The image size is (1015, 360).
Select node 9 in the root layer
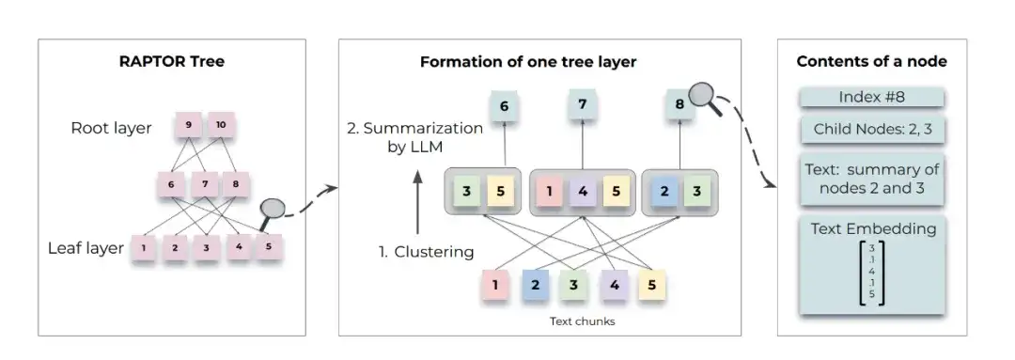pyautogui.click(x=188, y=123)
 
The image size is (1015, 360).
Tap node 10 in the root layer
pyautogui.click(x=221, y=123)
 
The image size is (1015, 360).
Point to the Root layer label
pyautogui.click(x=111, y=128)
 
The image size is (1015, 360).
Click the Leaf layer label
pyautogui.click(x=86, y=248)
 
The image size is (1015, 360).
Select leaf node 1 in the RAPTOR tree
pyautogui.click(x=144, y=248)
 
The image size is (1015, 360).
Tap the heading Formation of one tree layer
pyautogui.click(x=527, y=62)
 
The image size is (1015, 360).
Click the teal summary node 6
pyautogui.click(x=504, y=106)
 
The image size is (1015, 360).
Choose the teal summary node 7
pyautogui.click(x=583, y=105)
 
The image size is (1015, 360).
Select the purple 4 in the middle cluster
pyautogui.click(x=583, y=191)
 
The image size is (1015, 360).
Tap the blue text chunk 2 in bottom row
pyautogui.click(x=534, y=284)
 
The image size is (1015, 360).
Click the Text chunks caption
pyautogui.click(x=582, y=321)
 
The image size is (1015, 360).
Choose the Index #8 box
pyautogui.click(x=871, y=98)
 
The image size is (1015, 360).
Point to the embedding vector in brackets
pyautogui.click(x=871, y=273)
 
